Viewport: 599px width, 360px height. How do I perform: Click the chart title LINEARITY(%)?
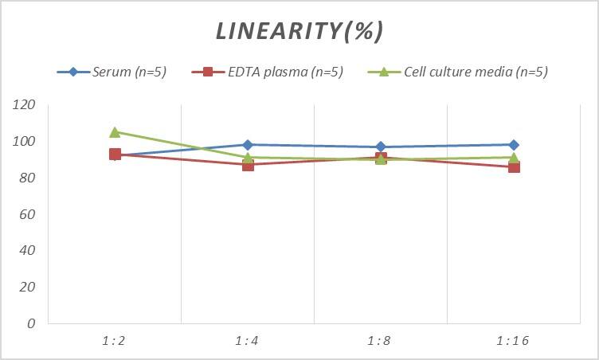coord(299,31)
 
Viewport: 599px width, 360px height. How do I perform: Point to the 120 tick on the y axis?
coord(25,105)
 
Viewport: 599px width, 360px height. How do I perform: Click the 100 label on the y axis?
coord(25,142)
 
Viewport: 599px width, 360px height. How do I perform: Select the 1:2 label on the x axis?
coord(115,340)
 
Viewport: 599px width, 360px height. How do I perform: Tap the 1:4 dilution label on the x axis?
coord(248,340)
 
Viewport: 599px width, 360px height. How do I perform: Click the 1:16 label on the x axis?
coord(513,340)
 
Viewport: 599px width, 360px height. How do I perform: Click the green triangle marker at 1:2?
coord(115,132)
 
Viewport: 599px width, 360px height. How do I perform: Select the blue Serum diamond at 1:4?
coord(248,145)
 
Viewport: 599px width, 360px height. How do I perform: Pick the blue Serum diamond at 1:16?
coord(514,145)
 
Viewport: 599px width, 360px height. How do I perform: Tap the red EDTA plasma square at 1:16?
coord(514,167)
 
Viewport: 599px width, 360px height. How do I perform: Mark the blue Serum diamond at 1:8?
coord(381,147)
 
